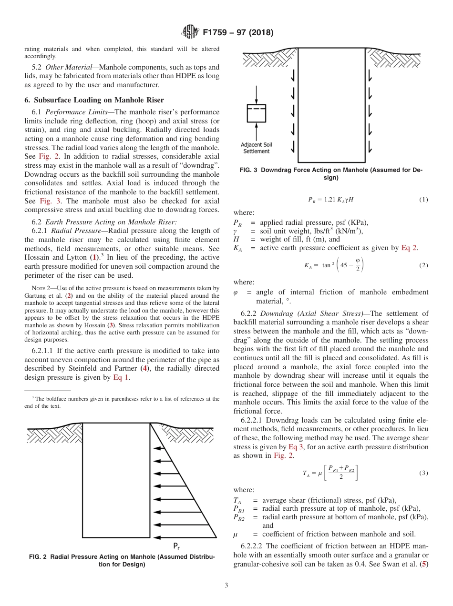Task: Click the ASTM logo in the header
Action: [190, 32]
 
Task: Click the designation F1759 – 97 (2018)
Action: [237, 33]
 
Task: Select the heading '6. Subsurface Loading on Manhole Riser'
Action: [94, 100]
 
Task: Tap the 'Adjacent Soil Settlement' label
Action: [257, 148]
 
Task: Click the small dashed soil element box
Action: [256, 112]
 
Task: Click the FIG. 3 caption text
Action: [331, 173]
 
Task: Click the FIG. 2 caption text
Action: [122, 560]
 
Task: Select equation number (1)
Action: [423, 200]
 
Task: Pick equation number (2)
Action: [423, 265]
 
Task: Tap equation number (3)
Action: [423, 473]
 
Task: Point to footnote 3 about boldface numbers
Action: [122, 402]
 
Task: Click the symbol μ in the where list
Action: [236, 534]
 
